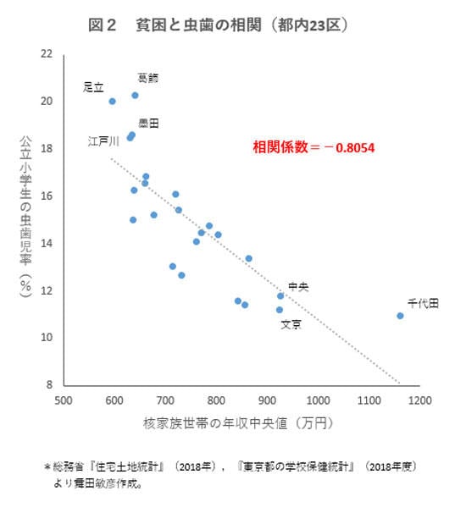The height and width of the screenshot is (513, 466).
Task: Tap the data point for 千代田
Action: coord(400,316)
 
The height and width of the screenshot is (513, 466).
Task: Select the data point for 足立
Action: coord(112,102)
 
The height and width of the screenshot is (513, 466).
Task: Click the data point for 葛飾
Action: coord(135,96)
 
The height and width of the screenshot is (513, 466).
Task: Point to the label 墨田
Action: coord(148,124)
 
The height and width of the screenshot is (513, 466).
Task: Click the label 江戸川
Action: coord(103,141)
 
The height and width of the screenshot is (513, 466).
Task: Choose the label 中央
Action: coord(298,287)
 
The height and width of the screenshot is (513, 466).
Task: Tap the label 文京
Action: coord(291,324)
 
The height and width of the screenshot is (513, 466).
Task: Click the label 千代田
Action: coord(423,302)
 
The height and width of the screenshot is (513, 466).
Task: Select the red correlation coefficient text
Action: coord(313,147)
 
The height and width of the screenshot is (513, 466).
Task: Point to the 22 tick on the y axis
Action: coord(47,54)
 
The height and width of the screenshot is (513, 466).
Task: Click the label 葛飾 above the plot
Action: coord(147,78)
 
